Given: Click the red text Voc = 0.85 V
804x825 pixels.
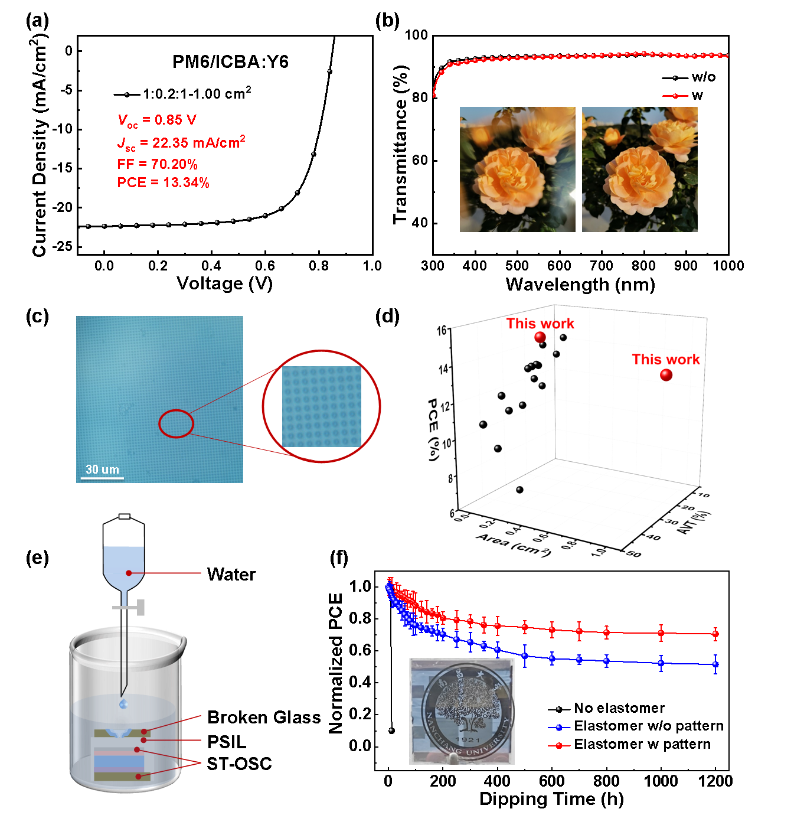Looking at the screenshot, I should (x=157, y=120).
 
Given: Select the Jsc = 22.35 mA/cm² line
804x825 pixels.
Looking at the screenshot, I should (x=181, y=143).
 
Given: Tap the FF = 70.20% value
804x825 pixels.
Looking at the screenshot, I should (x=157, y=164).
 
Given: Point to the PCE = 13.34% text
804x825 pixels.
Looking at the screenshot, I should (x=163, y=182).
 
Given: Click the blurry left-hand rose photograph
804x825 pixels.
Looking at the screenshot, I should (x=517, y=169).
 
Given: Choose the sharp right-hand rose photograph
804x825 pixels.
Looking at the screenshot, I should (x=639, y=169).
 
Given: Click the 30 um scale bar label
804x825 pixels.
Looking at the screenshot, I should (x=102, y=469).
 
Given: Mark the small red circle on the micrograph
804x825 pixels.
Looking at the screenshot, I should (x=176, y=423).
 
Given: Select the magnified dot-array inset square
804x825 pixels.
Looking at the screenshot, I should (x=321, y=406).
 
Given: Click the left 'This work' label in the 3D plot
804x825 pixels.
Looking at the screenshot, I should (x=540, y=324).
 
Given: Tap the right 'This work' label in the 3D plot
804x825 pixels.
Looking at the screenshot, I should (x=666, y=360).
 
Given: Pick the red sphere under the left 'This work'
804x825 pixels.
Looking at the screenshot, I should (x=540, y=337).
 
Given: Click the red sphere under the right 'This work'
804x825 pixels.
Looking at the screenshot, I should (x=666, y=375).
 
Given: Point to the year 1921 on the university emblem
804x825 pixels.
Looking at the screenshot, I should (x=468, y=740).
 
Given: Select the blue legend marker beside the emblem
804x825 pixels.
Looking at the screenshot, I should (x=559, y=728).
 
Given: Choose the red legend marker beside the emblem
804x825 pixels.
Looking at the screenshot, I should (x=559, y=745).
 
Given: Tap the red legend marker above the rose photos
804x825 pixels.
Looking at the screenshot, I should (x=675, y=96).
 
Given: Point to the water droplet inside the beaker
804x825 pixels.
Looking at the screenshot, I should (x=123, y=704).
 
